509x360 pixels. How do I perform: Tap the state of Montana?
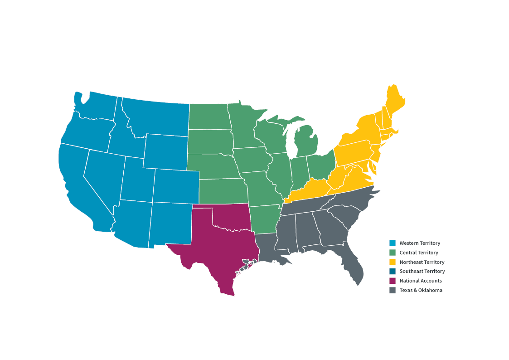[x=156, y=118]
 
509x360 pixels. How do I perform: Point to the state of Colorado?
[x=176, y=186]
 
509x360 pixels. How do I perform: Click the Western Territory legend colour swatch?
[x=393, y=243]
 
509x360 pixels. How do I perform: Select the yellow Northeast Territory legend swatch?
[x=393, y=262]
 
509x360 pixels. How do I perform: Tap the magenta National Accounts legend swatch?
[x=393, y=281]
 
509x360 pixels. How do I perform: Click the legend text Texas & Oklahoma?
[x=421, y=290]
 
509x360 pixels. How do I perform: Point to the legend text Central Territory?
[x=419, y=253]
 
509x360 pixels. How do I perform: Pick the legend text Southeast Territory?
[x=422, y=271]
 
